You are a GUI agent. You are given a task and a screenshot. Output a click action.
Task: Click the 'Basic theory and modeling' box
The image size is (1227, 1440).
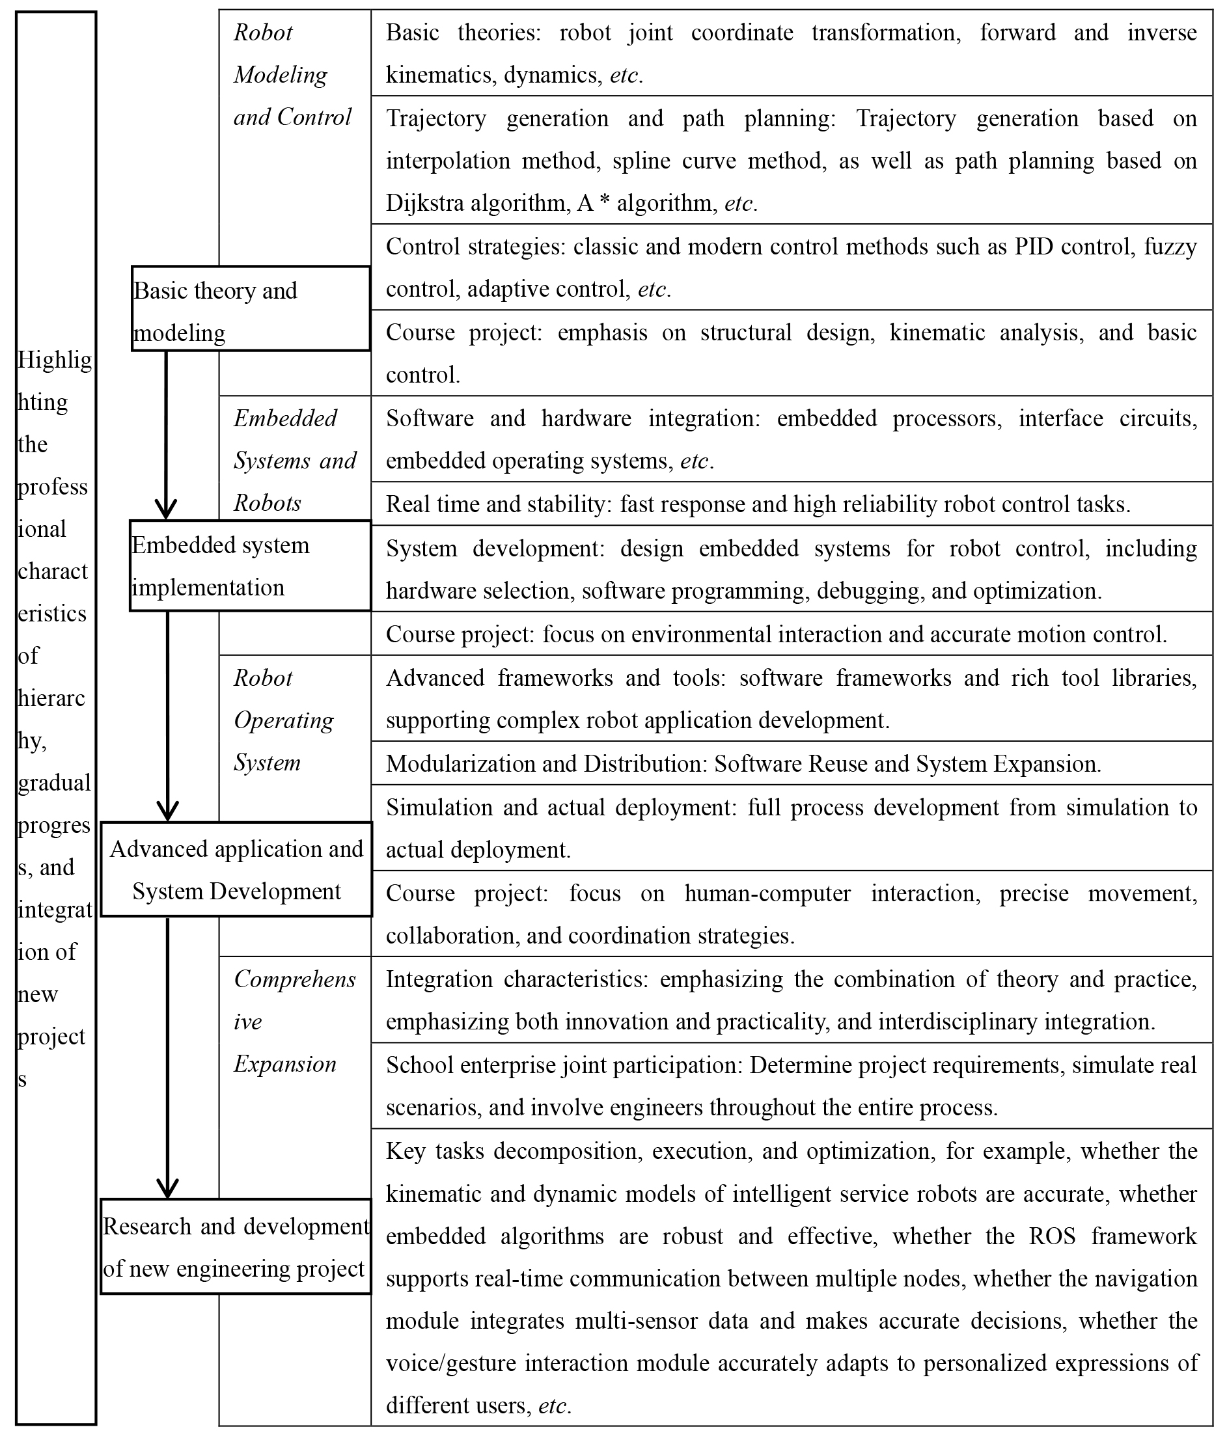pos(250,308)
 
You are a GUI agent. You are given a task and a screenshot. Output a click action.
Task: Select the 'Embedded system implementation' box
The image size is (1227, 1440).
pos(250,565)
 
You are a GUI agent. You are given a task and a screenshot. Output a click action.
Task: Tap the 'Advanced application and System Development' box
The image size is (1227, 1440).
pos(236,869)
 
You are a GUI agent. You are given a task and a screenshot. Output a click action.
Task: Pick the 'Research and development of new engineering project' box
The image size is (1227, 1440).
pos(236,1247)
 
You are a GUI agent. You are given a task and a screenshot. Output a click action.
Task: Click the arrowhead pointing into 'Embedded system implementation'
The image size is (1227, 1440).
pos(165,509)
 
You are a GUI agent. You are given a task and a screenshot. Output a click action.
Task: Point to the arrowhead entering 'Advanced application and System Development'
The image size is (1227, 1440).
pos(167,811)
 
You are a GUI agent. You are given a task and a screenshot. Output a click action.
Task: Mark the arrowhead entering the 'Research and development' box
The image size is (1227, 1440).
pos(167,1188)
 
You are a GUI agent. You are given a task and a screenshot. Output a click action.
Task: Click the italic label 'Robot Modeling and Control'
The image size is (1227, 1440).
pos(292,74)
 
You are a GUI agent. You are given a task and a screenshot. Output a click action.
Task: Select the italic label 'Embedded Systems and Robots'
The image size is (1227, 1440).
pos(294,460)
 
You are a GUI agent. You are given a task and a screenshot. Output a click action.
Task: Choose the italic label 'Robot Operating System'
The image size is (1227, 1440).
pos(283,720)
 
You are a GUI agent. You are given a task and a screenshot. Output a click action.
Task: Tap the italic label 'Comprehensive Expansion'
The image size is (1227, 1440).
pos(294,1021)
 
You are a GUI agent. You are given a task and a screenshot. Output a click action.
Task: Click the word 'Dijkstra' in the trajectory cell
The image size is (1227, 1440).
pos(425,204)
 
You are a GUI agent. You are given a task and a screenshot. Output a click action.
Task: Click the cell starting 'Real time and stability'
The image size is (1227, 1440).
pos(758,504)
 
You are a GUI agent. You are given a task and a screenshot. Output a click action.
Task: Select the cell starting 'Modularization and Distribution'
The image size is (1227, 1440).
pos(743,764)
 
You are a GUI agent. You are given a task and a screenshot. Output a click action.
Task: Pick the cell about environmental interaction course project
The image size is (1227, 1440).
pos(776,634)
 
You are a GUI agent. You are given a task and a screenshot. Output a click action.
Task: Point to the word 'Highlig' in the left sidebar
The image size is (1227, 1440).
pos(55,360)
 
